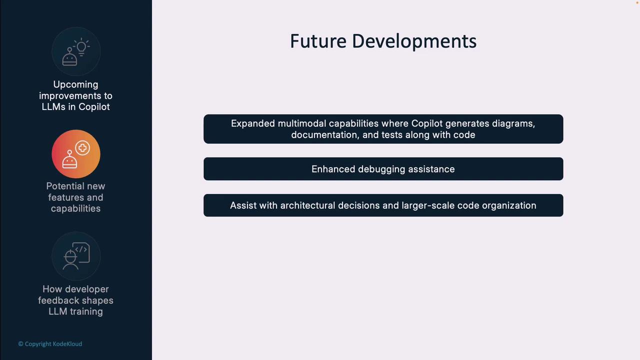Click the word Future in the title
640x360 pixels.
[318, 41]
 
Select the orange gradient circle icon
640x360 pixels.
[76, 154]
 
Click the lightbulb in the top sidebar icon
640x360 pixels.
[81, 47]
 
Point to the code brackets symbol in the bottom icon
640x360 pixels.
[81, 249]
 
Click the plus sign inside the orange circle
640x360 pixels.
[82, 147]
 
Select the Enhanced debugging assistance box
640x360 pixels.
[383, 169]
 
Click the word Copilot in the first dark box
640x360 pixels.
[427, 123]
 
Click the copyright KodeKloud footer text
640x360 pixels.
[50, 344]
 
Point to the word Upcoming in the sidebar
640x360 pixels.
[75, 84]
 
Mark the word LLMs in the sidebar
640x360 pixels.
[53, 107]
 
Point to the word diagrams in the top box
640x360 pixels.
[513, 123]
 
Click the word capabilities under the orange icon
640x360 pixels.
[75, 208]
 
